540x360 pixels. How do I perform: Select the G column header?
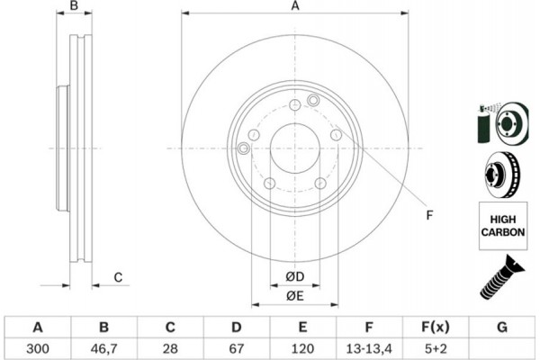(x=501, y=327)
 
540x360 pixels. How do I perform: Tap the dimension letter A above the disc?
(x=294, y=7)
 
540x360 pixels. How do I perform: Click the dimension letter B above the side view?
(x=75, y=7)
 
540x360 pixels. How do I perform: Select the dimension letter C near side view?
(x=118, y=277)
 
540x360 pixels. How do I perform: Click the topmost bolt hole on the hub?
(x=294, y=106)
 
